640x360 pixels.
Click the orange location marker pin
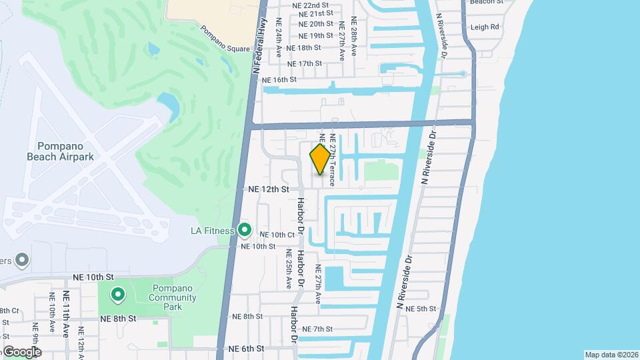(320, 159)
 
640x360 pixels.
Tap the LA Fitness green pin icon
(245, 231)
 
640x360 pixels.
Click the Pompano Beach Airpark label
(59, 151)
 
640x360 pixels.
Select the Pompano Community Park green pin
(118, 293)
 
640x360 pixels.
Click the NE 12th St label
(269, 189)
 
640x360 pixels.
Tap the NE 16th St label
(279, 79)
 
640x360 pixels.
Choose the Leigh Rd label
(485, 27)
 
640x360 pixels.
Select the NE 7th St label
(317, 329)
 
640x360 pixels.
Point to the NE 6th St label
(246, 349)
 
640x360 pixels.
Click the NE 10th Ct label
(277, 235)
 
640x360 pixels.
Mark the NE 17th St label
(305, 63)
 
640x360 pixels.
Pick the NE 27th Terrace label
(331, 160)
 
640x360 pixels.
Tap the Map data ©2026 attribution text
(611, 355)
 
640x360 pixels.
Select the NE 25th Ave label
(289, 269)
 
